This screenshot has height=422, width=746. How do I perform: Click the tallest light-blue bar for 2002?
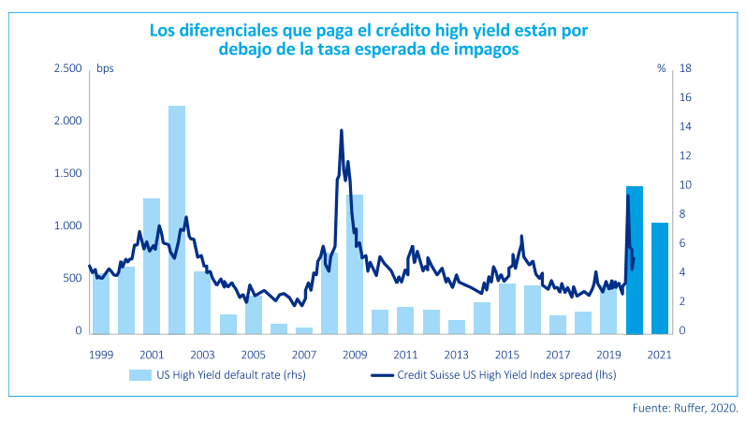pos(176,220)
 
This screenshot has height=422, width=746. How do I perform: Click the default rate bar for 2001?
pos(151,266)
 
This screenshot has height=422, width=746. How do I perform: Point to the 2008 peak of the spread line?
pos(341,131)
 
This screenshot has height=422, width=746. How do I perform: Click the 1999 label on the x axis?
pos(100,356)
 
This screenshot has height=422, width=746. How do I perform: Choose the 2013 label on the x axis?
pos(456,356)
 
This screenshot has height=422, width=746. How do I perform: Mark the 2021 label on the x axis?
pos(659,356)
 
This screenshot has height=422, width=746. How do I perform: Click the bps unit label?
pos(105,68)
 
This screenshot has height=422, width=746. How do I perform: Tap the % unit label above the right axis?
pos(661,68)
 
